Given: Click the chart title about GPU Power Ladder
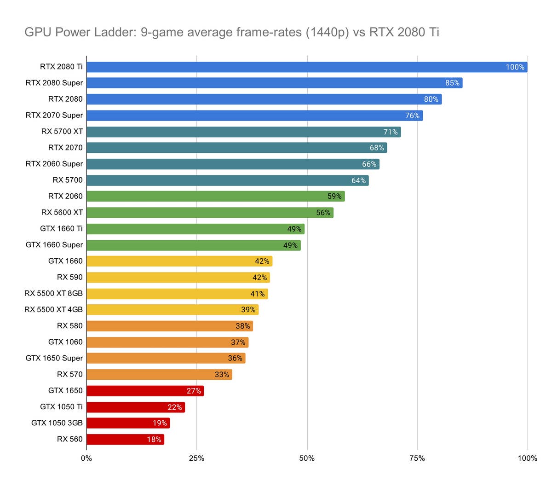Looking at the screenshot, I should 231,32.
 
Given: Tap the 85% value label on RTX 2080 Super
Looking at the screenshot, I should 452,83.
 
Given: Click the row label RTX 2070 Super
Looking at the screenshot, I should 54,115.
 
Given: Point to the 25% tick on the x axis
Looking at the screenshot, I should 196,458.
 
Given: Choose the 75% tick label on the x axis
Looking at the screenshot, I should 417,458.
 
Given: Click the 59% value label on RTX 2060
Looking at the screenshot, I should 334,196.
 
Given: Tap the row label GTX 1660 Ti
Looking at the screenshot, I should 61,228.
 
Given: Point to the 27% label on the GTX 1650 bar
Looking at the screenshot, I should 194,391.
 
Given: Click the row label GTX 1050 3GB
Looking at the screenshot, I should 57,423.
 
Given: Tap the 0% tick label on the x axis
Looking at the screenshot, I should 86,458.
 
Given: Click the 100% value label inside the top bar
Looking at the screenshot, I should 515,67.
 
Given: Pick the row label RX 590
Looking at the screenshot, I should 70,277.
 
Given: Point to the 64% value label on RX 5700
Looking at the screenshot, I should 358,180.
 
